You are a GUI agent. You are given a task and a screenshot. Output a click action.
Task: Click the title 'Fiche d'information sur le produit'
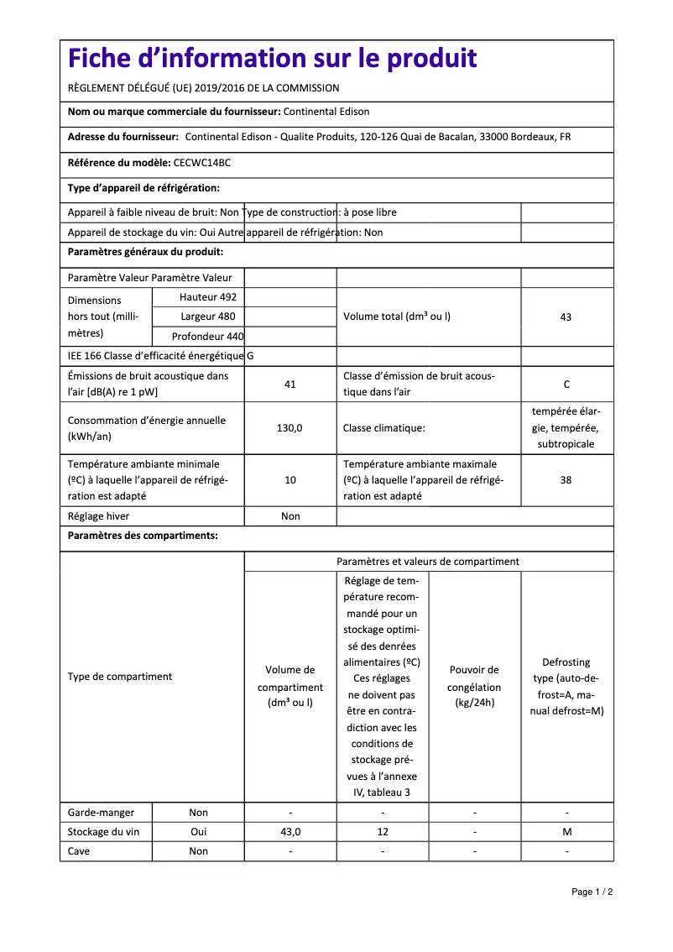(x=273, y=59)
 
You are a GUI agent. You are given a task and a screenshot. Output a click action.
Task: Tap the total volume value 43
(x=566, y=317)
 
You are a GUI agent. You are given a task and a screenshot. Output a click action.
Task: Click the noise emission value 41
(x=290, y=384)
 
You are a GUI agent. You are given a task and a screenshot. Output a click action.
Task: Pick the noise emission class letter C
(x=566, y=384)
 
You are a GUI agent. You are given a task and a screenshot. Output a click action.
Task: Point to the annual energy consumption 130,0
(x=290, y=428)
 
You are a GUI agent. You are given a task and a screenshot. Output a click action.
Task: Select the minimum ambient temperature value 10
(x=290, y=480)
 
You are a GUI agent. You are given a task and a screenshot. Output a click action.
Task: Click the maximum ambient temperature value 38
(x=566, y=480)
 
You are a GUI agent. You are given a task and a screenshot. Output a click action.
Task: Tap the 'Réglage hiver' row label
(x=99, y=516)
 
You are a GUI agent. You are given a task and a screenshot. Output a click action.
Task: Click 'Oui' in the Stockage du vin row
(x=198, y=832)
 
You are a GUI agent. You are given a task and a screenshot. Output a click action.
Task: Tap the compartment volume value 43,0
(x=290, y=832)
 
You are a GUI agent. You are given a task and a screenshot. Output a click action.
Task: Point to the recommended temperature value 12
(x=383, y=832)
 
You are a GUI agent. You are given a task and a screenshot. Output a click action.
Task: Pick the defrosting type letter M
(x=566, y=832)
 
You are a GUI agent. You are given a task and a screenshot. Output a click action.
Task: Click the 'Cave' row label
(x=79, y=851)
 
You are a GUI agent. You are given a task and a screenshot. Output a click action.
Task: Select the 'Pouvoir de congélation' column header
(x=474, y=686)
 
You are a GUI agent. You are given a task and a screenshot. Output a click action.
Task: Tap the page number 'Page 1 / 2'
(x=592, y=892)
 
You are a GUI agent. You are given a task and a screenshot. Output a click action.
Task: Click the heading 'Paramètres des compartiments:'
(x=143, y=536)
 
